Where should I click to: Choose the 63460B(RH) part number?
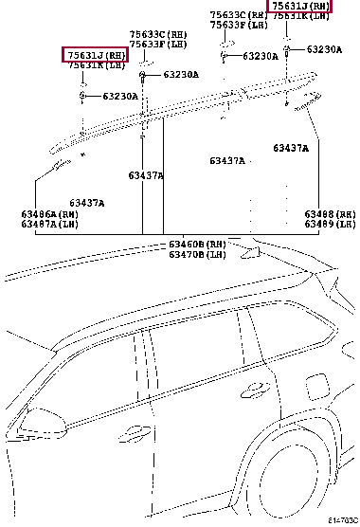[197, 245]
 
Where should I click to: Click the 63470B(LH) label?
[197, 255]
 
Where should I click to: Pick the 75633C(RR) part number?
[237, 15]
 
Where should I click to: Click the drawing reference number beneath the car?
[343, 520]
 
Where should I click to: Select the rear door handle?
[253, 388]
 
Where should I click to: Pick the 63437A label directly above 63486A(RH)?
[87, 203]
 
